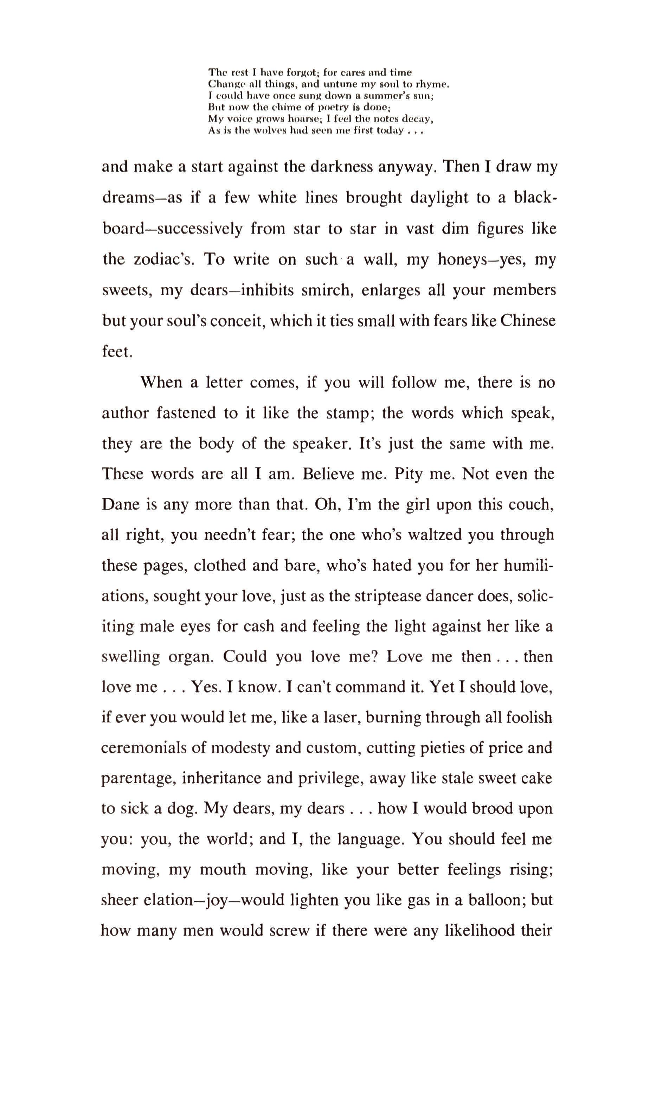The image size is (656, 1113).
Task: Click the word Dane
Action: pos(121,505)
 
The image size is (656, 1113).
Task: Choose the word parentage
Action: pos(139,779)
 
